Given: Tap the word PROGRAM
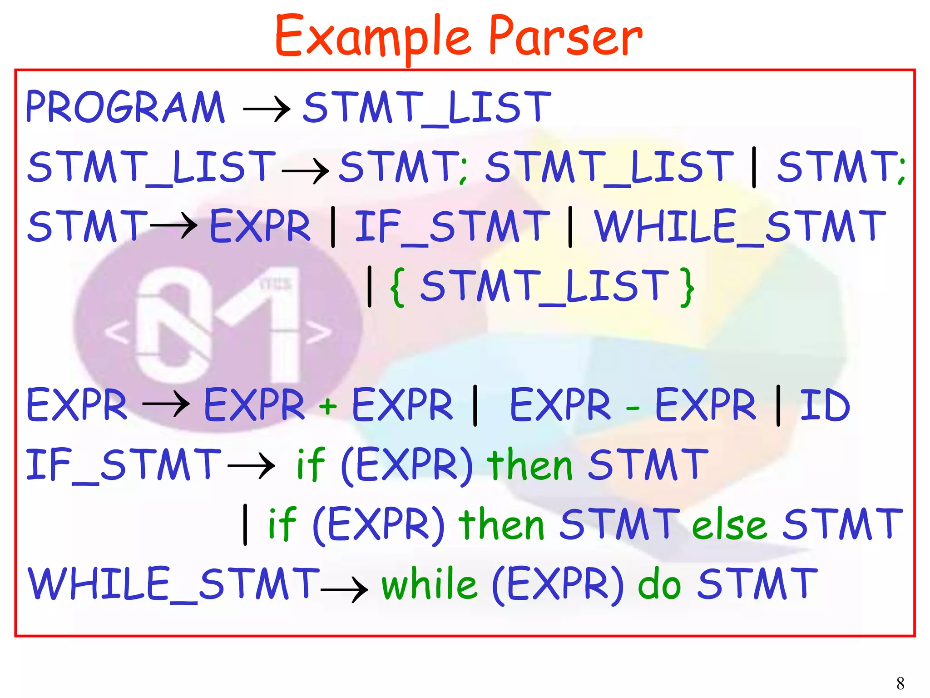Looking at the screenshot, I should pos(125,108).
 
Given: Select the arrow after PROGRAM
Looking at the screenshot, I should pos(267,109).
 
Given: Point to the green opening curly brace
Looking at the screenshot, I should pos(398,287).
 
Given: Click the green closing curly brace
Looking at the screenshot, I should pos(688,287).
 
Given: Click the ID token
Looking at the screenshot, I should pos(824,405).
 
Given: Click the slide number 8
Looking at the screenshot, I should pos(900,683).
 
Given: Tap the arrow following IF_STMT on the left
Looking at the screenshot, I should pos(251,466).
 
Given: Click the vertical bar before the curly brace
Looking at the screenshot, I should pos(370,287).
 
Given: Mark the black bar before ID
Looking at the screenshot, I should pos(778,405).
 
